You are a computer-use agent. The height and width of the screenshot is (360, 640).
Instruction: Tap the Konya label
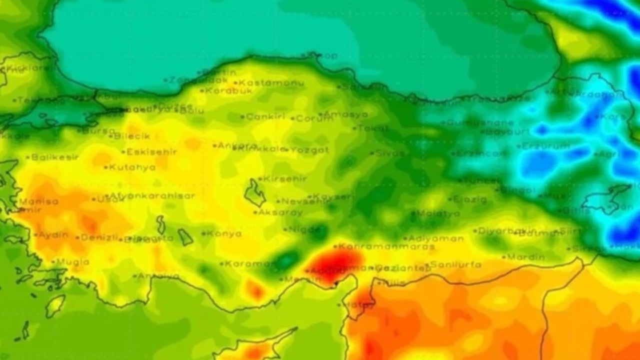(x=224, y=233)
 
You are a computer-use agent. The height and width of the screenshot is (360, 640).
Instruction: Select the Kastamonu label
(x=271, y=83)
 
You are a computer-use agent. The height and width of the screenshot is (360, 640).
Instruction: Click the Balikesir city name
(x=55, y=157)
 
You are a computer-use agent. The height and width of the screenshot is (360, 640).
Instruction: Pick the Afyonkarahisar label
(x=152, y=196)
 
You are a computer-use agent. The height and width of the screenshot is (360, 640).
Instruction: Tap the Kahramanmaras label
(x=386, y=246)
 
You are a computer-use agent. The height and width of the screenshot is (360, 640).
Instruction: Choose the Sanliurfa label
(x=455, y=264)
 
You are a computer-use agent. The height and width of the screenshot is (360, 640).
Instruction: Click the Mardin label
(x=526, y=257)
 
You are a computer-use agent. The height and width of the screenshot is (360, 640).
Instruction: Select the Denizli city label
(x=99, y=237)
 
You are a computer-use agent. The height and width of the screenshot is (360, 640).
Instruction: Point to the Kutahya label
(x=132, y=167)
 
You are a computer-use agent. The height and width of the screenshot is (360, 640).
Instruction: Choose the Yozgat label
(x=310, y=149)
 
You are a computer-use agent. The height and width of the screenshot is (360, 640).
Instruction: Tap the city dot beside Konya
(x=203, y=233)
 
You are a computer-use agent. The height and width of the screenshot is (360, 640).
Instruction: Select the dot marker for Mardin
(x=504, y=257)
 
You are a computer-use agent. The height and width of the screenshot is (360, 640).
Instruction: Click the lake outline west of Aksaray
(x=255, y=193)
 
